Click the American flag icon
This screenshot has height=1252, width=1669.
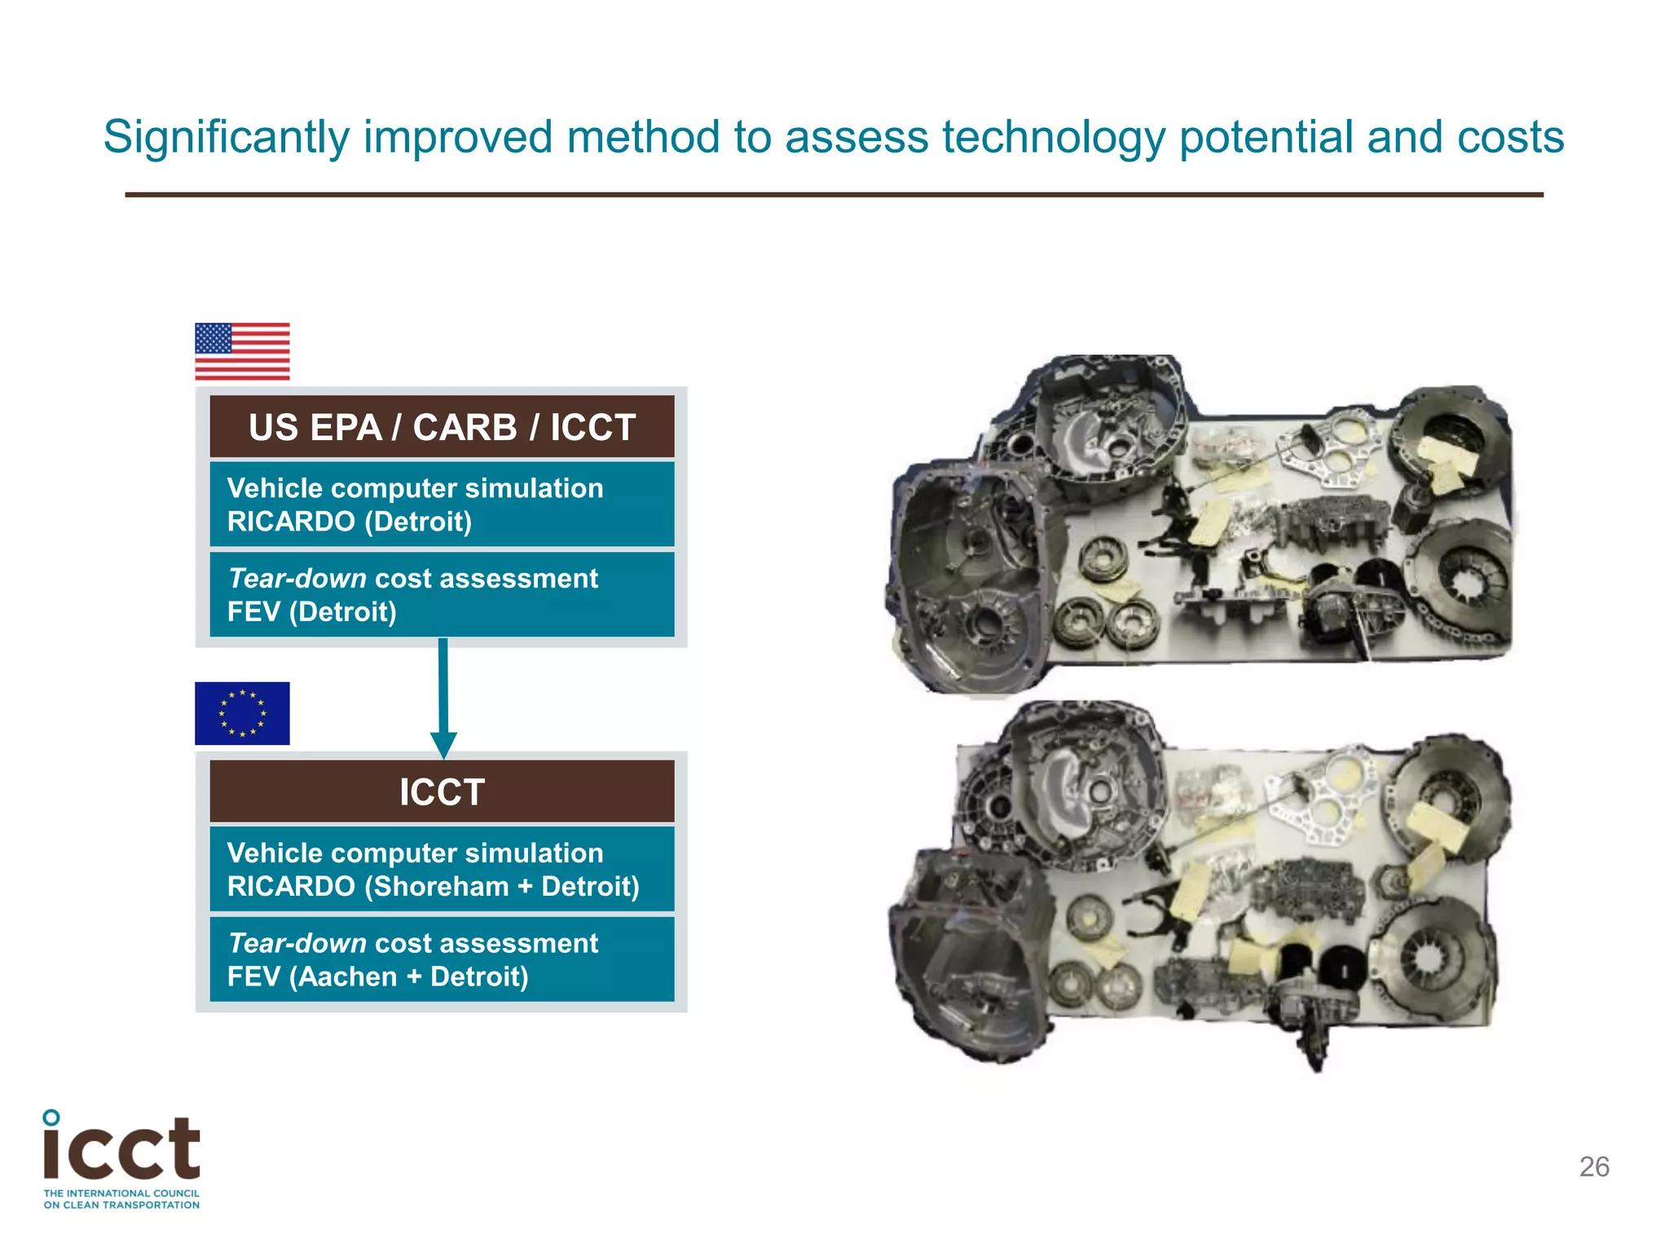tap(242, 351)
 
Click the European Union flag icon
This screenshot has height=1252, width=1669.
tap(242, 713)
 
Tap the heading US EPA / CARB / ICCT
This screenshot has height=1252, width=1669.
tap(442, 427)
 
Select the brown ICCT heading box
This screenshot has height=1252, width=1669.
tap(442, 791)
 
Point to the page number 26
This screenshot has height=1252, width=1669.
tap(1594, 1166)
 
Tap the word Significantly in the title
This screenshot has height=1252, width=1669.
tap(226, 137)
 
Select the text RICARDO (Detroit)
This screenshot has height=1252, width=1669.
tap(350, 522)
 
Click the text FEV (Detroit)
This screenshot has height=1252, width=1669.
tap(312, 611)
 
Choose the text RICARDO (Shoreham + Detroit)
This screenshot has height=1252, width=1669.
tap(434, 886)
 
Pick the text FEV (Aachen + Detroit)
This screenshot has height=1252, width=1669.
tap(378, 976)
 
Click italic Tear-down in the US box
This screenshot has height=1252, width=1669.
tap(297, 579)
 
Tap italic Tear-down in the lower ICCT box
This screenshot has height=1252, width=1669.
tap(297, 943)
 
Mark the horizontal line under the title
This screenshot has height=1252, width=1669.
tap(834, 195)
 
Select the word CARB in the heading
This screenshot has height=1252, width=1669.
tap(465, 427)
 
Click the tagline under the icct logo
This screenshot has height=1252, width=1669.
tap(121, 1199)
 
